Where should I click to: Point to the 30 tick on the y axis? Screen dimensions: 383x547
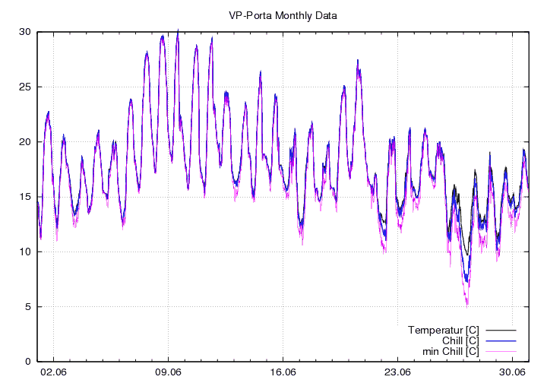(x=25, y=32)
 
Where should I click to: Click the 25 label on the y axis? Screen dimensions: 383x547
(x=25, y=87)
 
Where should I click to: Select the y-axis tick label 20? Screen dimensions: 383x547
(x=25, y=142)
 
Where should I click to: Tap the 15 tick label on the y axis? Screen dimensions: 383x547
(x=25, y=197)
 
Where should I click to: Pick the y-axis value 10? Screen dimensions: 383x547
(x=25, y=252)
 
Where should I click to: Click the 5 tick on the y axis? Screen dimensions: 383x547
(x=27, y=307)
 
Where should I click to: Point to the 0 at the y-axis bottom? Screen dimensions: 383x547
(x=27, y=362)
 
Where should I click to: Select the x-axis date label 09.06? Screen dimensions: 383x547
(x=168, y=372)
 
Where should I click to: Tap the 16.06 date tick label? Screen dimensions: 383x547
(x=283, y=372)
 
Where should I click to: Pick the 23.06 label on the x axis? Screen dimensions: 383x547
(x=397, y=372)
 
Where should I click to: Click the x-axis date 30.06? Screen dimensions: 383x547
(x=512, y=372)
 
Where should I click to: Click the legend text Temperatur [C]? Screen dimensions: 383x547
(x=443, y=330)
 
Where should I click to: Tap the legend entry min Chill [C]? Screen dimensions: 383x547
(x=451, y=351)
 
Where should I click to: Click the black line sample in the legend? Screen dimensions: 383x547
(x=501, y=330)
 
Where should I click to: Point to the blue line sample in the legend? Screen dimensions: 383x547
(x=501, y=340)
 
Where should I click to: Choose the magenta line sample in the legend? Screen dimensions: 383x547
(x=501, y=351)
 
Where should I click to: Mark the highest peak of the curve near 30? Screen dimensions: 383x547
(x=178, y=30)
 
